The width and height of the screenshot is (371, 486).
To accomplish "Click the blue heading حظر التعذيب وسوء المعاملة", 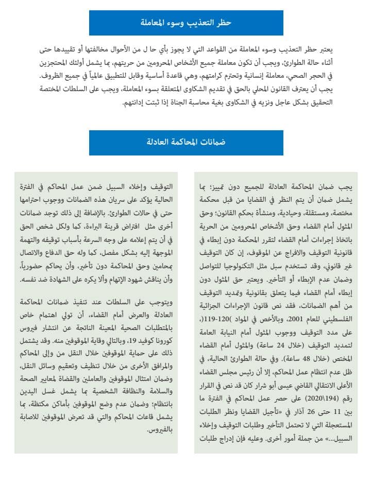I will pyautogui.click(x=186, y=23).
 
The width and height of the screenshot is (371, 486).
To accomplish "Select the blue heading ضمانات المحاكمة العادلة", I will pyautogui.click(x=186, y=142).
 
